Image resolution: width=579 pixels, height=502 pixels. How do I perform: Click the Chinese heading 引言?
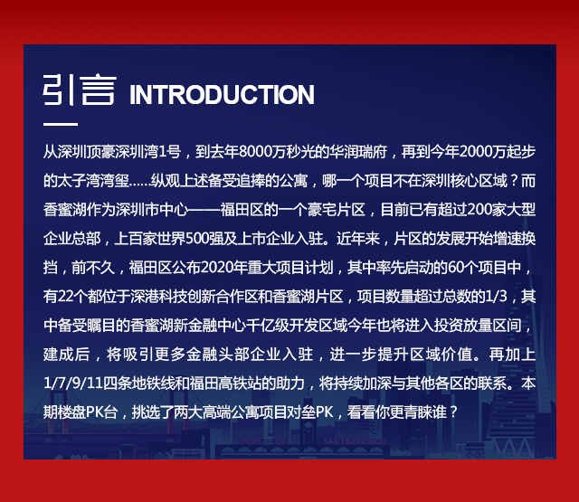coord(80,90)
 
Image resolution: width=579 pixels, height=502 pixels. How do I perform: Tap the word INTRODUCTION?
coord(222,95)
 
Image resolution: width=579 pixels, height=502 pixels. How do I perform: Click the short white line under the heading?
coord(61,124)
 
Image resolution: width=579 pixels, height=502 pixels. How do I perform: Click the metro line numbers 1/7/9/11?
coord(72,384)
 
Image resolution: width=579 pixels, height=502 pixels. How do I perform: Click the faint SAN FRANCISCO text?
coord(355,441)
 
